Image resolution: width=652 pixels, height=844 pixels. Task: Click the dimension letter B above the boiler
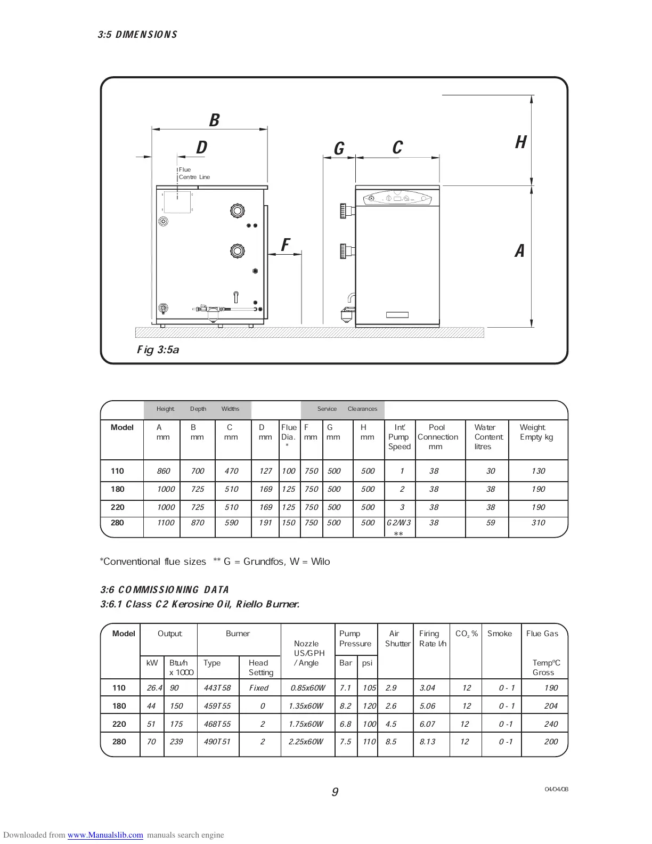(214, 120)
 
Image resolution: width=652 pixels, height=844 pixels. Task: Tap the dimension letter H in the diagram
(520, 142)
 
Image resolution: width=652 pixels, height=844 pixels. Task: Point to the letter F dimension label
(285, 245)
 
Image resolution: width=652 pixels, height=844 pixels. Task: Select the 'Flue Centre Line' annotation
(194, 173)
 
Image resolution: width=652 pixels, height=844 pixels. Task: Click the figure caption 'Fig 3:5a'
(158, 350)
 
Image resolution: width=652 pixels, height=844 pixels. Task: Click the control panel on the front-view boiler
(397, 199)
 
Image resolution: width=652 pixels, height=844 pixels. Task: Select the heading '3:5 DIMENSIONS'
(137, 35)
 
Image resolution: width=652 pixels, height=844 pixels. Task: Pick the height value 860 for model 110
(164, 471)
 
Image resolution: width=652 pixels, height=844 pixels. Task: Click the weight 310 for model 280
(538, 523)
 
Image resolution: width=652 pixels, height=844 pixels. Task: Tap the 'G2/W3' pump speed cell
(398, 523)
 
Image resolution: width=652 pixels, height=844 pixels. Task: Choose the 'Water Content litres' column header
(488, 437)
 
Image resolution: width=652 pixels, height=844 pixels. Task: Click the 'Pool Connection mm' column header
(437, 437)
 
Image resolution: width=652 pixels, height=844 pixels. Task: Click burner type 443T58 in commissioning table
(217, 688)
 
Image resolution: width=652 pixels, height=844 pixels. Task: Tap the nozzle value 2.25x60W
(306, 742)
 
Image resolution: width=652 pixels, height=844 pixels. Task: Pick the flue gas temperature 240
(551, 724)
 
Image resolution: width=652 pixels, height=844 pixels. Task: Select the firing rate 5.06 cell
(427, 706)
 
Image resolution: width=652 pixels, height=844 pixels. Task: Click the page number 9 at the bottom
(335, 792)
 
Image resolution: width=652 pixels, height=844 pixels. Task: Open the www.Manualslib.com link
(105, 835)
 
